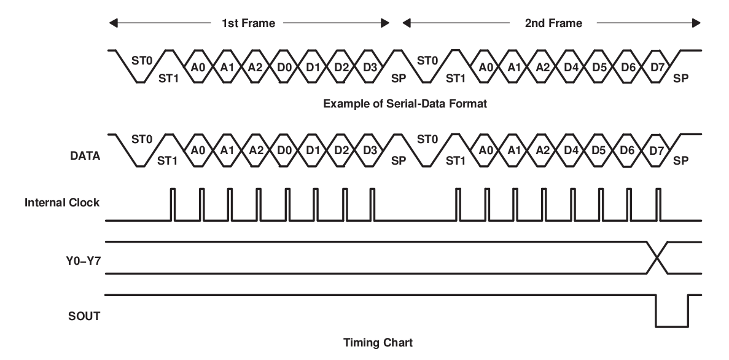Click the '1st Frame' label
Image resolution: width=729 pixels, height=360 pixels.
click(248, 23)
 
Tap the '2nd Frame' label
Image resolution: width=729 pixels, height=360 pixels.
click(553, 23)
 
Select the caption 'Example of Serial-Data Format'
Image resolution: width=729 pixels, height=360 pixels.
click(405, 104)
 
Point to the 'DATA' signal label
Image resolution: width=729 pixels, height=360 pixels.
click(85, 157)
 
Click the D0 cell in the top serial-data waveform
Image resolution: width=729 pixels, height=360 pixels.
click(284, 66)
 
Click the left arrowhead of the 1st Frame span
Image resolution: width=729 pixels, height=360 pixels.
click(112, 23)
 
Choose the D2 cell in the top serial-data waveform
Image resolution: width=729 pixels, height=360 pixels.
click(341, 66)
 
